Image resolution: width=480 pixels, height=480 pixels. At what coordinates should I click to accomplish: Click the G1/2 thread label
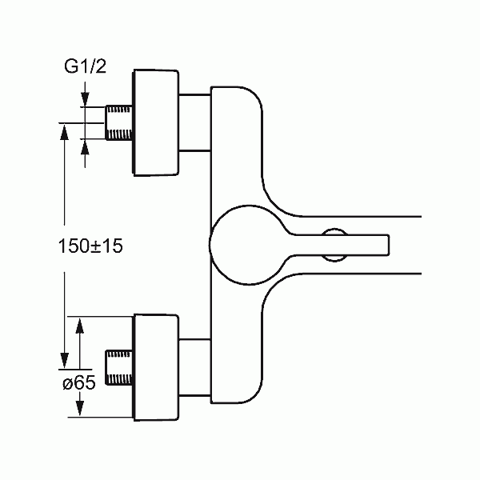tap(85, 66)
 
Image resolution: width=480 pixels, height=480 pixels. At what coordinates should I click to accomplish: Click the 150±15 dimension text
tap(90, 246)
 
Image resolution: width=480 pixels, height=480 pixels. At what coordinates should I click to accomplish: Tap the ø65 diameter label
tap(79, 382)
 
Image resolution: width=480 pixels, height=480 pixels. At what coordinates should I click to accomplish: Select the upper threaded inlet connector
tap(118, 122)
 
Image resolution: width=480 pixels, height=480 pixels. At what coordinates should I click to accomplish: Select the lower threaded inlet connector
tap(118, 367)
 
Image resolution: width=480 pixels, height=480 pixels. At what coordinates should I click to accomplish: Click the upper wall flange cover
tap(155, 122)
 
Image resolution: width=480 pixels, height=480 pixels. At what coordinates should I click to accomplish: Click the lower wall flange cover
tap(155, 367)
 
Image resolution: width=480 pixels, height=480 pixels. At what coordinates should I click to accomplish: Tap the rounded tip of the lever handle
tap(387, 245)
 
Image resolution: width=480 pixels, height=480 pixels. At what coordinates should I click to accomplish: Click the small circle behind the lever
tap(334, 230)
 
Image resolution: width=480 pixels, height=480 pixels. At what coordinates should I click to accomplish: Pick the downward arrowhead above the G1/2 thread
tap(85, 99)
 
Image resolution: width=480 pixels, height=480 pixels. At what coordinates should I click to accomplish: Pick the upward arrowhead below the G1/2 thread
tap(85, 147)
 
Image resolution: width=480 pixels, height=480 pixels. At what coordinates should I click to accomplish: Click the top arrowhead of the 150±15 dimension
tap(64, 131)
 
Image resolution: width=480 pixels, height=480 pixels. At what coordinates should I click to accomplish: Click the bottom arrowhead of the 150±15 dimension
tap(64, 361)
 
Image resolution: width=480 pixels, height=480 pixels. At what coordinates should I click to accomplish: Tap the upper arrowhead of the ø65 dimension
tap(79, 326)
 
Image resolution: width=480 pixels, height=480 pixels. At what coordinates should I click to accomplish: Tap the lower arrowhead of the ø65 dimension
tap(79, 408)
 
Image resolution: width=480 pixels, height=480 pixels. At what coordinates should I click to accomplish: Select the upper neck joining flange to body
tap(195, 122)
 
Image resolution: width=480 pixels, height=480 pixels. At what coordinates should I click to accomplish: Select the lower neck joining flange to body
tap(195, 367)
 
